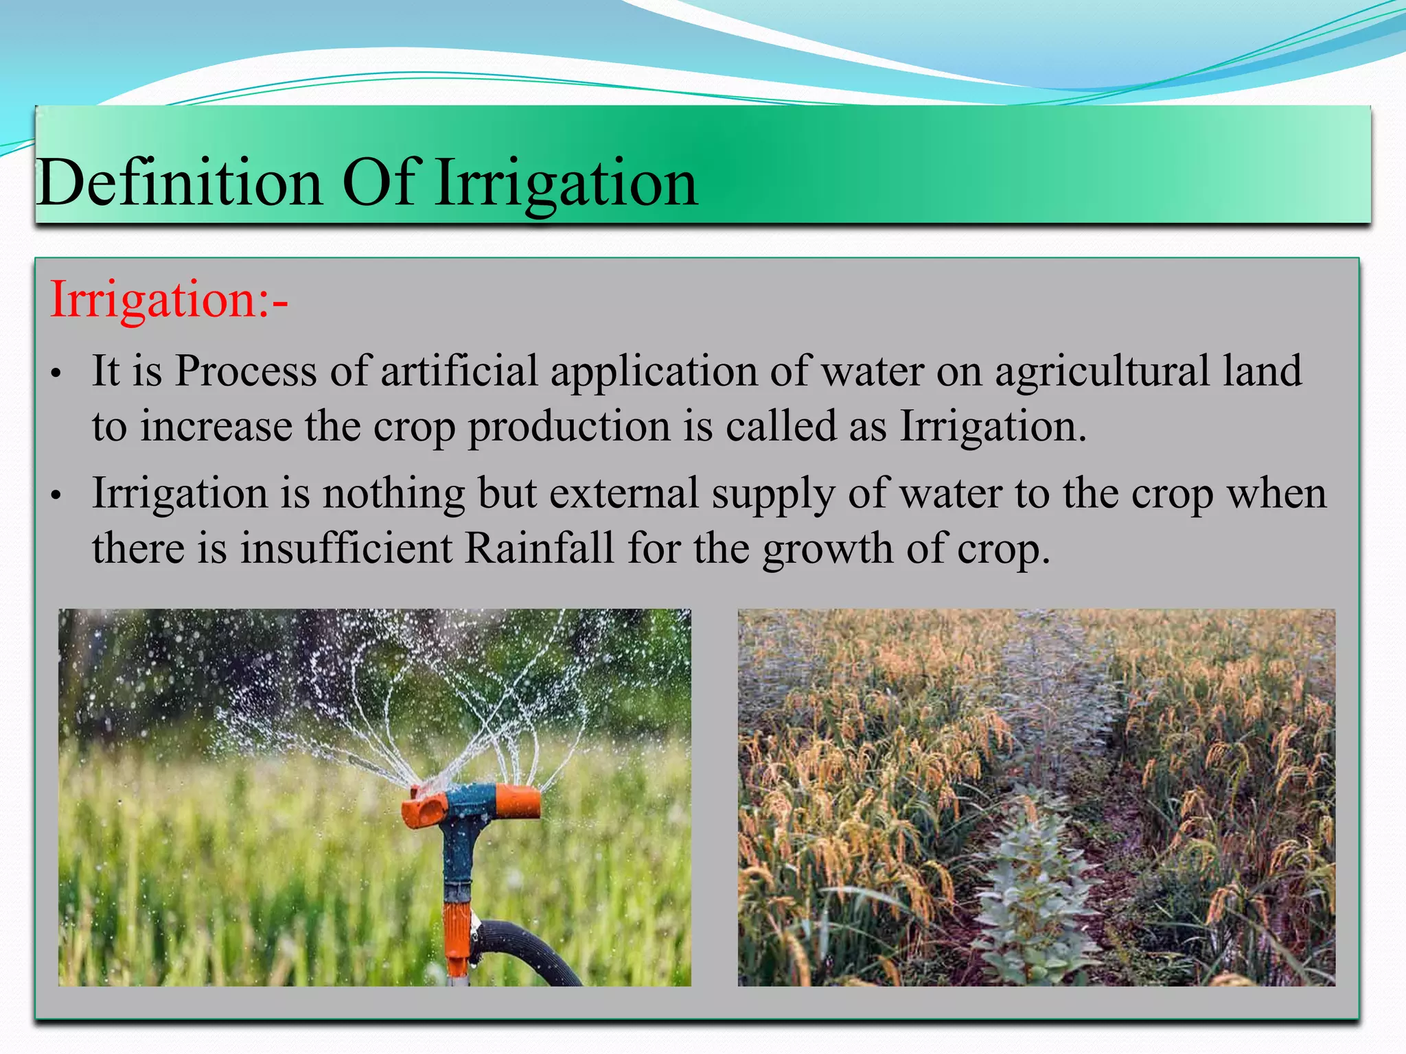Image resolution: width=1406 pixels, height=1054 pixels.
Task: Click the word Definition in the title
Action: [179, 183]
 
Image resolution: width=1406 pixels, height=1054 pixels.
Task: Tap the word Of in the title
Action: [380, 183]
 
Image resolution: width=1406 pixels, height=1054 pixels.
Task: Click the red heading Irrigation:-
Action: [169, 300]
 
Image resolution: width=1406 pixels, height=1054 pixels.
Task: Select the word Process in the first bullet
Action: [246, 371]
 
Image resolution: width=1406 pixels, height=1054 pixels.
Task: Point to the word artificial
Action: [459, 371]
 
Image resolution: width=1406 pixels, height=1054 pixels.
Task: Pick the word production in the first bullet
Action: [569, 427]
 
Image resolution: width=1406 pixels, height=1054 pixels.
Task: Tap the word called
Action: [781, 425]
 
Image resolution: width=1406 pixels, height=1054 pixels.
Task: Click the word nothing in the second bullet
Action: [394, 494]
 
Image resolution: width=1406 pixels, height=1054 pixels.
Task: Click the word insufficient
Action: [346, 548]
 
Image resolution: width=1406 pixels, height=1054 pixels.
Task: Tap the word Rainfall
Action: [539, 548]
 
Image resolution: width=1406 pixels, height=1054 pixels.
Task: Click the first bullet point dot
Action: [56, 375]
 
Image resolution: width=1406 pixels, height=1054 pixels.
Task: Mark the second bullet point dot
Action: [56, 495]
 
